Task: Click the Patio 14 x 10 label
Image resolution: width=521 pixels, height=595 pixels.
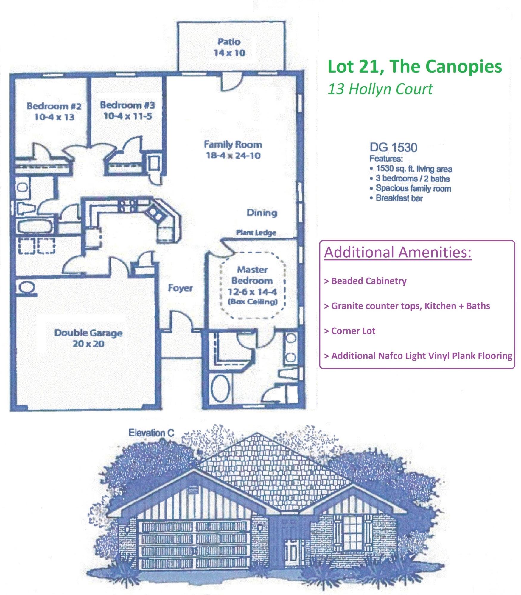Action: [x=229, y=47]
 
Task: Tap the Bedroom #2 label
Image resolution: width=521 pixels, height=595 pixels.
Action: [x=54, y=106]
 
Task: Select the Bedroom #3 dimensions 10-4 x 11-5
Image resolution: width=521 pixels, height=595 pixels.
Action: [x=128, y=116]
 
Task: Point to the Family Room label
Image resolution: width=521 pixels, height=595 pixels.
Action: [x=233, y=145]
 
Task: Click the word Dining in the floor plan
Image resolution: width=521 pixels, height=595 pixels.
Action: [x=262, y=213]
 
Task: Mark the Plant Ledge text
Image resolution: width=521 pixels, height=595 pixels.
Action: [x=256, y=233]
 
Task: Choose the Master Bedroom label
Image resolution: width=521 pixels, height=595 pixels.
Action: [x=252, y=275]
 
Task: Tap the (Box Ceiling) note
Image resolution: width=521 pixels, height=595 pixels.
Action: [x=253, y=302]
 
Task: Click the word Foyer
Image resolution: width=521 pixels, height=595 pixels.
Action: [x=180, y=288]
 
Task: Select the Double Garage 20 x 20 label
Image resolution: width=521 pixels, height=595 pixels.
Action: [x=88, y=338]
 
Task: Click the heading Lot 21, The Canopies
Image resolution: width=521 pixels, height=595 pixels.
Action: [x=415, y=66]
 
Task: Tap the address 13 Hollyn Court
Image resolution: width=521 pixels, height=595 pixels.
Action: [x=380, y=89]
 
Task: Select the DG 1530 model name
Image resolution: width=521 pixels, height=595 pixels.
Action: [x=393, y=148]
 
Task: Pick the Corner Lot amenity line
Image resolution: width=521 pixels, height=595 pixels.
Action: [x=353, y=331]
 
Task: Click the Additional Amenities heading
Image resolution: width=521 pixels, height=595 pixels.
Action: [x=398, y=252]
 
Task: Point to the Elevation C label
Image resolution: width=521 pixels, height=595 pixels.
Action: [x=151, y=433]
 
